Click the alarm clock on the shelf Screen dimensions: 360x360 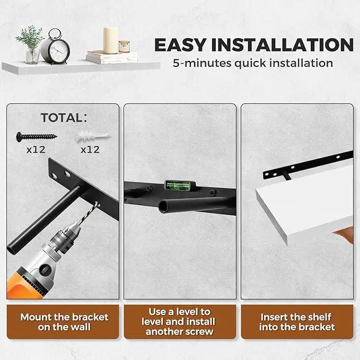point(56,47)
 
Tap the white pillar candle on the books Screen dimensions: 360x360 point(111,40)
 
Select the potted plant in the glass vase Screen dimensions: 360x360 point(31,45)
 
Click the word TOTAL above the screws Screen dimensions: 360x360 point(62,118)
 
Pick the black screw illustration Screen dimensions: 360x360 point(37,136)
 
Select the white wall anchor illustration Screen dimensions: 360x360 point(93,137)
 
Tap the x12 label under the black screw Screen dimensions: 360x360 point(36,150)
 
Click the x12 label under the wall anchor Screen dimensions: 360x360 point(90,150)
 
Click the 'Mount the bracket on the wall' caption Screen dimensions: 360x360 point(64,322)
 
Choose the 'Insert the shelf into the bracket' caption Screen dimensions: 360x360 point(297,322)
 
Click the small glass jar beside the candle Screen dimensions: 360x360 point(124,47)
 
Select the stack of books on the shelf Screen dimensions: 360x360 point(112,57)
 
